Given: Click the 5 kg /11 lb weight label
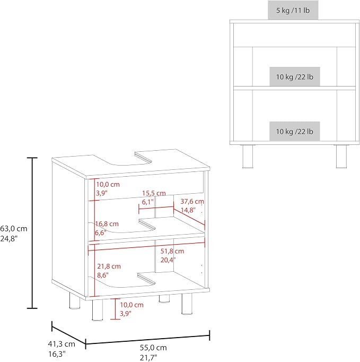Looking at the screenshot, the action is click(x=293, y=11).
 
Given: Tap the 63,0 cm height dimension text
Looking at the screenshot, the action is click(x=14, y=229).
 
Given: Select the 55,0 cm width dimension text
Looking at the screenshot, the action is click(x=153, y=348).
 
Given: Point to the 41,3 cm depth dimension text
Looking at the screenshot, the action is click(x=62, y=344).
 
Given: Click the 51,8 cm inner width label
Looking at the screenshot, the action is click(x=172, y=251).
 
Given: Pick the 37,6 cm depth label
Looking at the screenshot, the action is click(x=192, y=202).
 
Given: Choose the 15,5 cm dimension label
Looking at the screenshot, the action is click(x=154, y=193).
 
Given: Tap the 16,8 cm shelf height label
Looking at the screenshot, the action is click(x=107, y=223).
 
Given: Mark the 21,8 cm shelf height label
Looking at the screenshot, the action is click(x=109, y=266).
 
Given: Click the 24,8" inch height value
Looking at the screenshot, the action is click(x=9, y=239).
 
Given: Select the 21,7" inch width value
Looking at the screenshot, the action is click(x=148, y=358).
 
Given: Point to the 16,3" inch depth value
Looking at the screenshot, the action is click(x=57, y=354).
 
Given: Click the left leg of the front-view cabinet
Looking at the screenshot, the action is click(x=248, y=157).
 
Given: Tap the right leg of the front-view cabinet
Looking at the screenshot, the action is click(x=341, y=157).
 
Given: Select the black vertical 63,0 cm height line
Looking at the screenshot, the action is click(x=32, y=233).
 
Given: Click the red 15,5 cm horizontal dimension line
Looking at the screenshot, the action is click(x=156, y=209).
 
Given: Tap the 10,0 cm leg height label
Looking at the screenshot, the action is click(x=131, y=305).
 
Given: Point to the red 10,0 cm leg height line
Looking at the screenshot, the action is click(x=115, y=309).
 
